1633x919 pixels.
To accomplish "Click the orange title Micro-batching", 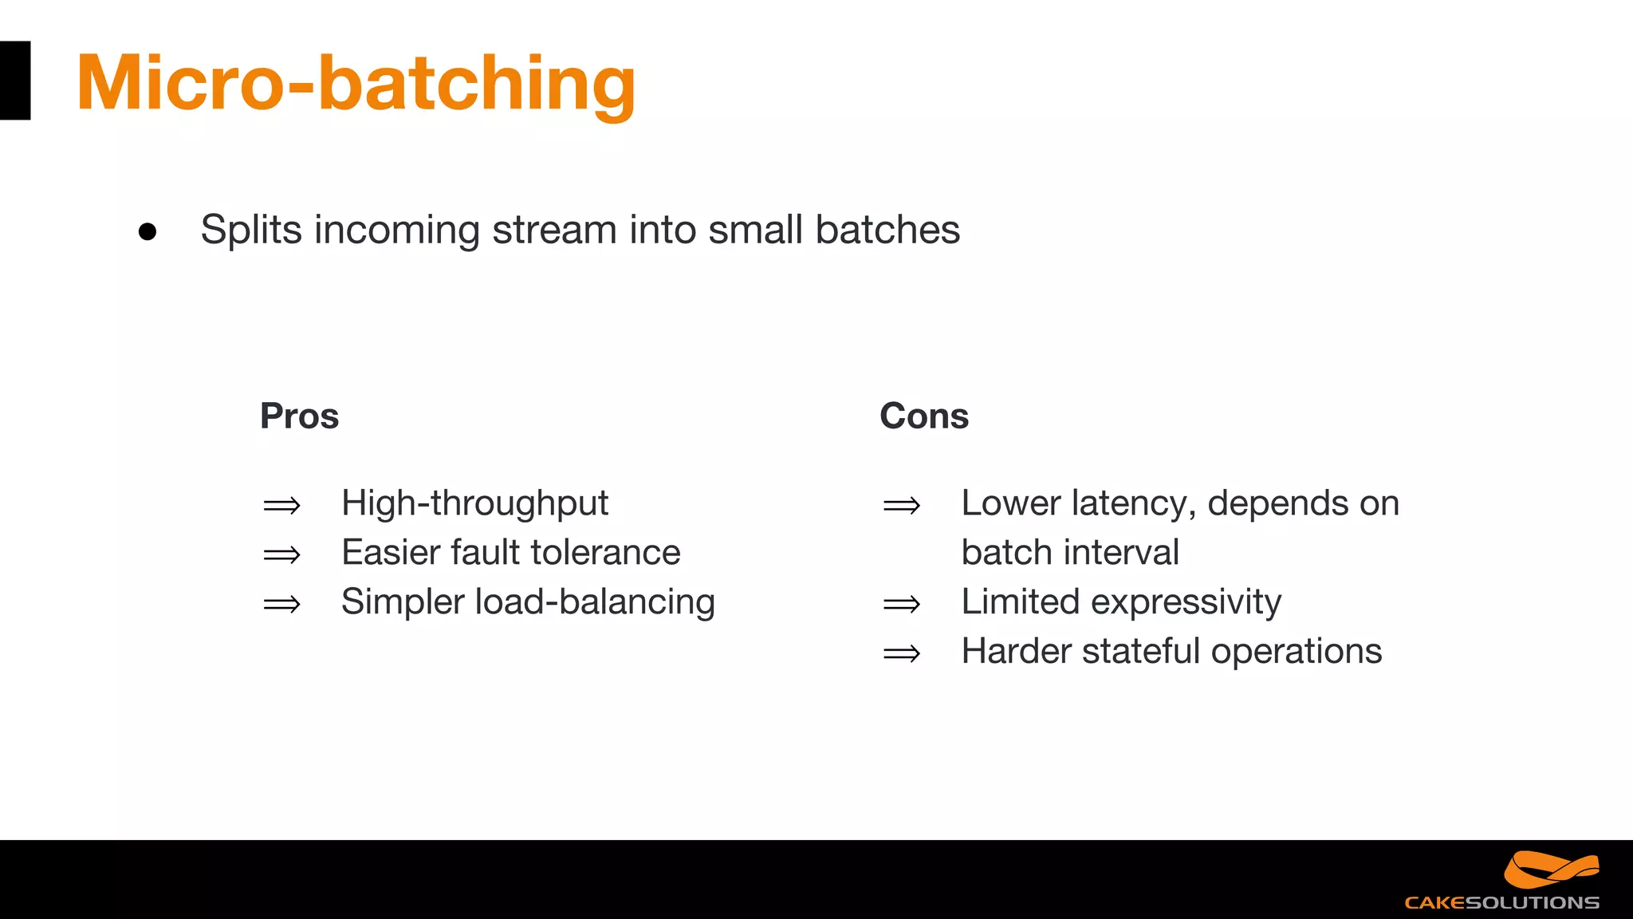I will point(356,83).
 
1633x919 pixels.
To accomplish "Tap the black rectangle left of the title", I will point(14,81).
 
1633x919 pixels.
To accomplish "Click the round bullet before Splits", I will point(148,232).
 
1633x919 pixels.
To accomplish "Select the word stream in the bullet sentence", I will point(554,231).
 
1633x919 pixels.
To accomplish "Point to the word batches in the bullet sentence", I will point(887,231).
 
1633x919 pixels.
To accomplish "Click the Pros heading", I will point(299,416).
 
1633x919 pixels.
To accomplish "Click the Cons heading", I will point(923,416).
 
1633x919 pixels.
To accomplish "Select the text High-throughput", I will point(474,504).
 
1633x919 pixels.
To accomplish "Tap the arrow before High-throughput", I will point(281,506).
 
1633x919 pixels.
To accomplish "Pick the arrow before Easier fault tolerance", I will point(281,555).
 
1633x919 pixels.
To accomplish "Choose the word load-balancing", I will point(595,602).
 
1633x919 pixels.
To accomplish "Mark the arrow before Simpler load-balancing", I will point(281,605).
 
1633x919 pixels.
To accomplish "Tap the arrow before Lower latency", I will point(901,506).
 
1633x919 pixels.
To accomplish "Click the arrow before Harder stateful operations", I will point(901,654).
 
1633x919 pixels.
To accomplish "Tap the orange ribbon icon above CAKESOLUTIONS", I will point(1550,870).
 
